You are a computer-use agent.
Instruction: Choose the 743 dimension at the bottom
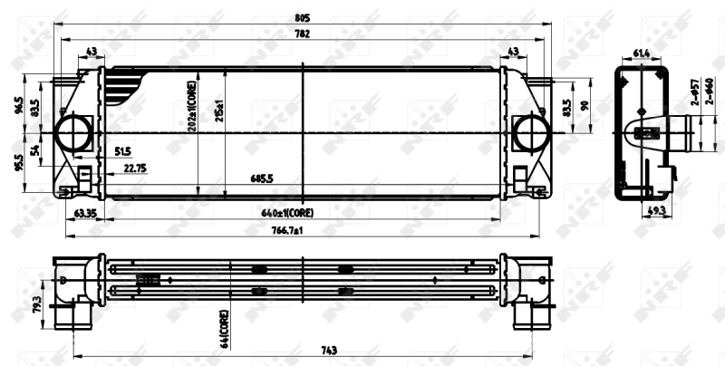(x=304, y=351)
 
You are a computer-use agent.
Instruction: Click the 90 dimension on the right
(x=585, y=106)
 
